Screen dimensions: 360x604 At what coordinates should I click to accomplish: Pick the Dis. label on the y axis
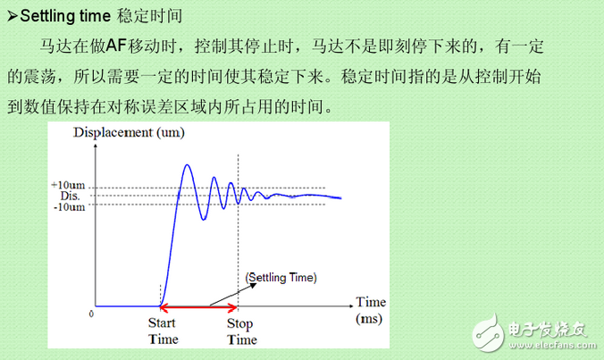[71, 196]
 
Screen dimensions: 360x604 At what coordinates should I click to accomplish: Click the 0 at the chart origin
[91, 314]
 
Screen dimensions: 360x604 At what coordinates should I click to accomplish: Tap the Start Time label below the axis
[162, 331]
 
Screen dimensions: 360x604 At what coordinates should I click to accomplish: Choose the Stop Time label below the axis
[241, 331]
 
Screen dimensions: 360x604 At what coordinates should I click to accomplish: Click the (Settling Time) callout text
[280, 278]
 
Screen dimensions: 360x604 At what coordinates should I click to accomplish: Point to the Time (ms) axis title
[370, 309]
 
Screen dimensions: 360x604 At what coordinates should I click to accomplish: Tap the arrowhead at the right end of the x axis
[347, 306]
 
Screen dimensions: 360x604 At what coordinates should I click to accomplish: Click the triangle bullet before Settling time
[12, 15]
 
